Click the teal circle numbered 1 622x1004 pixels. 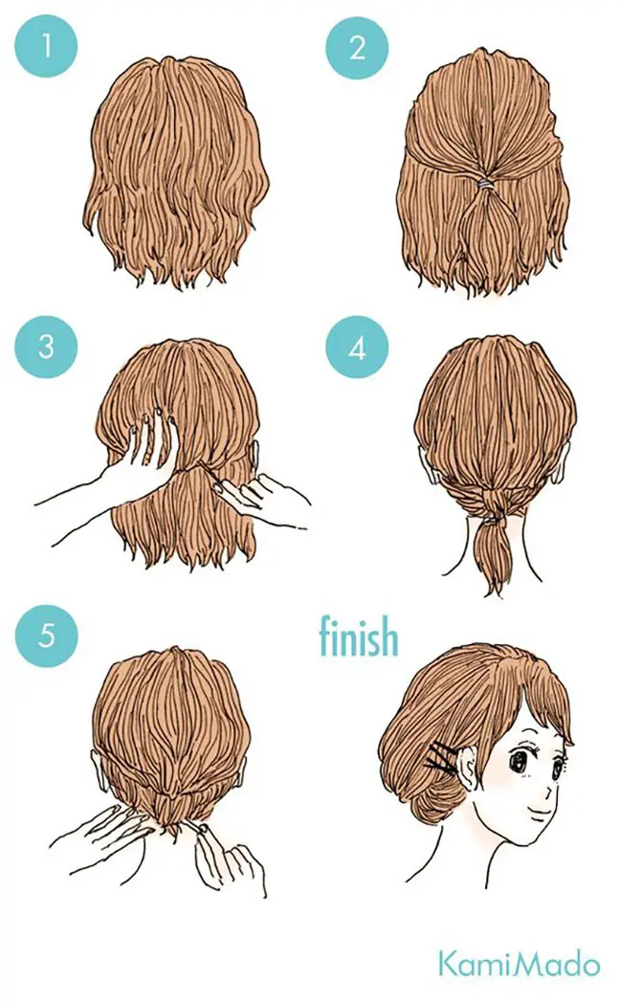46,46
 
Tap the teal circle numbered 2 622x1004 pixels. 357,47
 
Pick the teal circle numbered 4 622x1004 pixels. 357,346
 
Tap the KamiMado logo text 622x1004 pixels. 519,965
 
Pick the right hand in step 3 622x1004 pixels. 259,493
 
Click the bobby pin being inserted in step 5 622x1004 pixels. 195,831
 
